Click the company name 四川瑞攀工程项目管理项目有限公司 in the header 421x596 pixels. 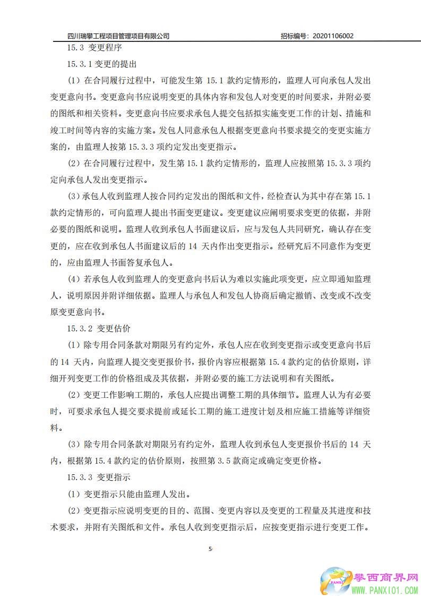(118, 36)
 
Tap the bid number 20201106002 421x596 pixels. (333, 36)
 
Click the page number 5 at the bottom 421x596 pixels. (210, 548)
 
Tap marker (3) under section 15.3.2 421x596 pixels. (74, 444)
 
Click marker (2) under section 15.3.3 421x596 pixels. (74, 512)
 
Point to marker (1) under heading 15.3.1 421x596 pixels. (74, 81)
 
